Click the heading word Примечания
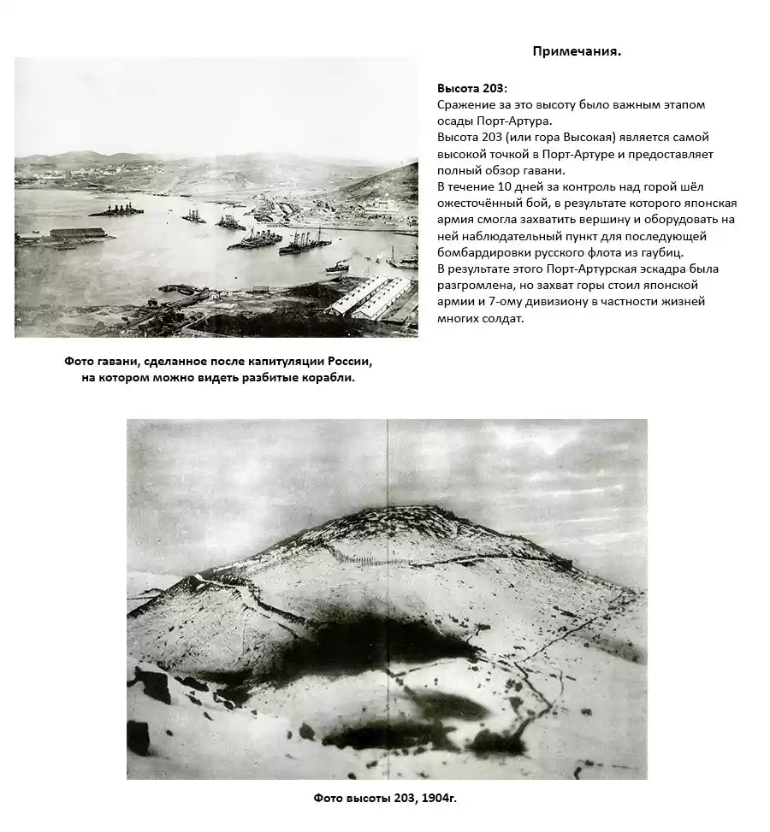click(577, 51)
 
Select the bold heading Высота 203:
click(472, 88)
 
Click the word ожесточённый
click(477, 203)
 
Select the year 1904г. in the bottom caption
click(438, 798)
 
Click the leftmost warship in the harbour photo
click(115, 209)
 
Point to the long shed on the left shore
click(78, 233)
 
